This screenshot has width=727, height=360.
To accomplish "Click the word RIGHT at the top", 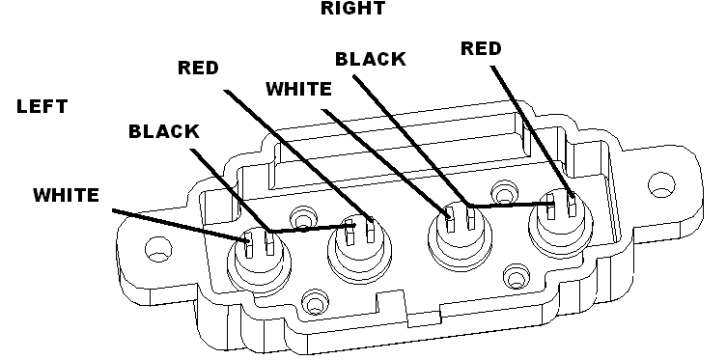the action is click(352, 8).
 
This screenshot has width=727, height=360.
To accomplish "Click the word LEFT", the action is click(42, 106).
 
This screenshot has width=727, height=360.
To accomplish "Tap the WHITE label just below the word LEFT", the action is click(67, 195).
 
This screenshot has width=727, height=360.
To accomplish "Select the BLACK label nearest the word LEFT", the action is click(164, 131).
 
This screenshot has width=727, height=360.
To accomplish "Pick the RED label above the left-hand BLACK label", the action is click(198, 68).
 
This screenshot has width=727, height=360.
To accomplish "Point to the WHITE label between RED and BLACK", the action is click(298, 89).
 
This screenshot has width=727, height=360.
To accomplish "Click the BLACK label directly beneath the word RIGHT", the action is click(371, 59).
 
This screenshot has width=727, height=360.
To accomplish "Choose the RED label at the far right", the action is click(481, 48).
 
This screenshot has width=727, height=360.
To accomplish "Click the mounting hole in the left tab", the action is click(158, 249).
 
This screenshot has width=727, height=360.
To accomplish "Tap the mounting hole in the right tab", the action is click(661, 184).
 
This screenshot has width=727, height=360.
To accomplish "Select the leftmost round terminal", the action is click(259, 259).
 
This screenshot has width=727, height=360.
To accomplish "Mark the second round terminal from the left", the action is click(359, 249).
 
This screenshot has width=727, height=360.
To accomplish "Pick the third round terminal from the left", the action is click(460, 237).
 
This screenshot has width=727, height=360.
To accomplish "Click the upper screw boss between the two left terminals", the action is click(303, 217).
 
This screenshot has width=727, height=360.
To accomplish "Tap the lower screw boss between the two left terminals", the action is click(316, 303).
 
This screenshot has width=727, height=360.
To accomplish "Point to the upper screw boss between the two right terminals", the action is click(504, 191).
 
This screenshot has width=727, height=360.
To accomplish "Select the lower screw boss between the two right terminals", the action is click(517, 277).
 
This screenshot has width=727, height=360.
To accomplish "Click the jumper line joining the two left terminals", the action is click(313, 228).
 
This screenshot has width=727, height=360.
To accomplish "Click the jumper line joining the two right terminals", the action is click(512, 204).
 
